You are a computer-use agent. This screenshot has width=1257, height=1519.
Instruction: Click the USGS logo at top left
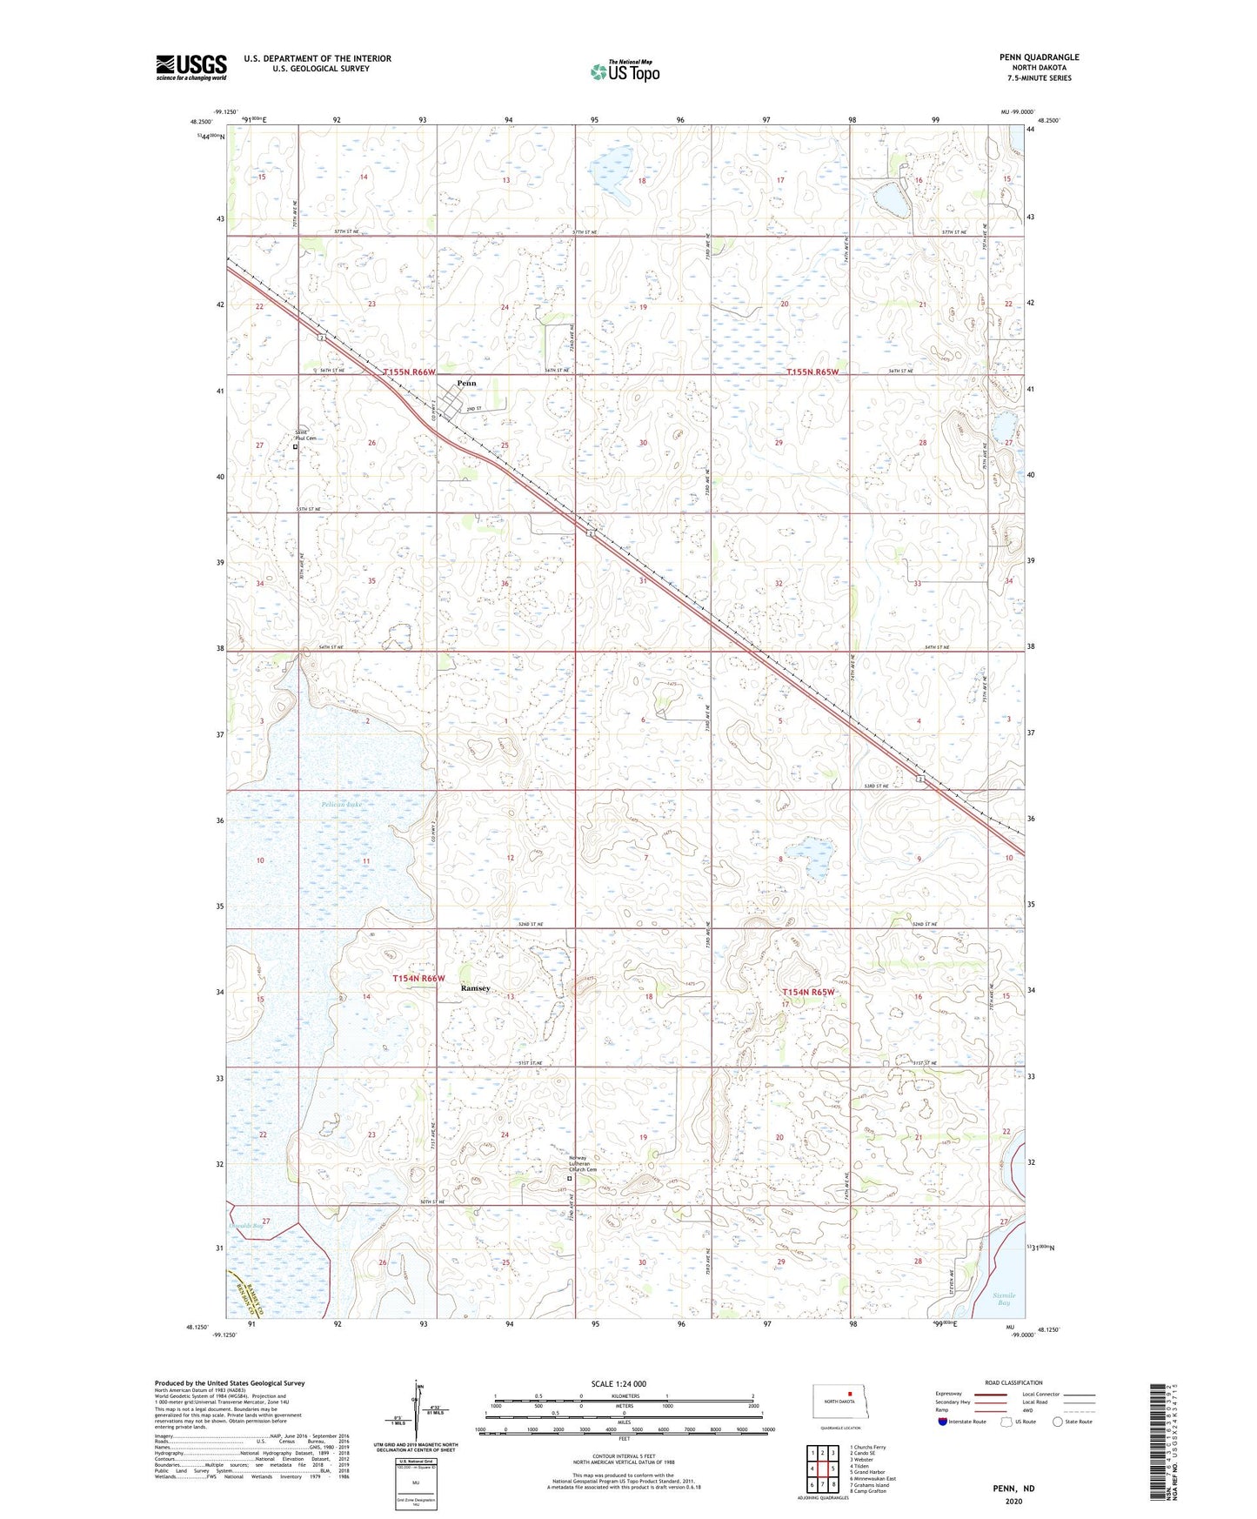pyautogui.click(x=191, y=67)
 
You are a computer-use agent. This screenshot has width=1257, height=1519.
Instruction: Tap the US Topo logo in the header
pyautogui.click(x=625, y=71)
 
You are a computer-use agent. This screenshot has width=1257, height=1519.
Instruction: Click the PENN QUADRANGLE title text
pyautogui.click(x=1039, y=57)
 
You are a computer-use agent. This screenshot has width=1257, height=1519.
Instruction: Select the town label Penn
pyautogui.click(x=466, y=383)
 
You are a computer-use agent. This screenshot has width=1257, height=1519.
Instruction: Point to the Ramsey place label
pyautogui.click(x=475, y=988)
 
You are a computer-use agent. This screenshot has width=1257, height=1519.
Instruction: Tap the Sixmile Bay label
pyautogui.click(x=1004, y=1299)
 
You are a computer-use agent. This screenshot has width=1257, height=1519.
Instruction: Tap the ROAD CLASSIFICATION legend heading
pyautogui.click(x=1013, y=1382)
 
